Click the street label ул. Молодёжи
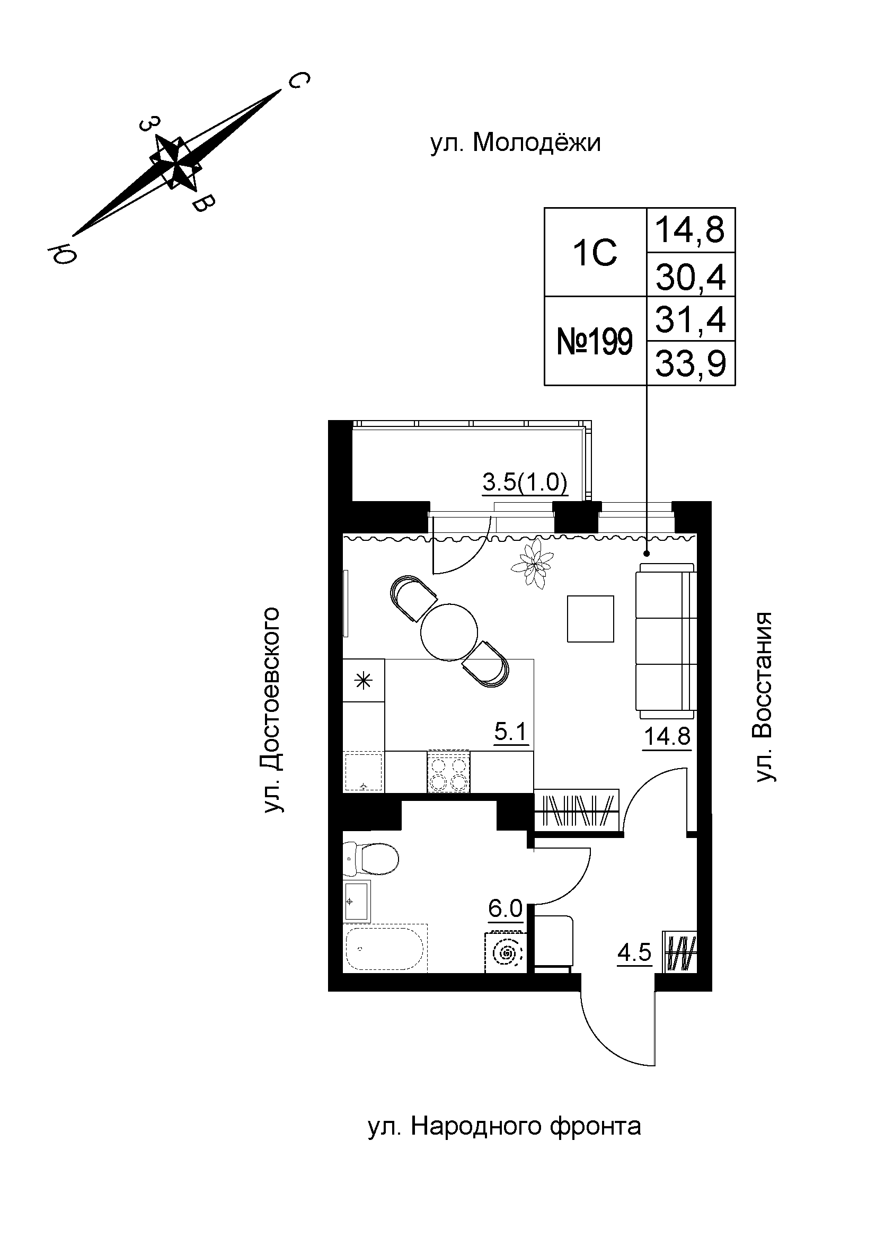click(x=515, y=144)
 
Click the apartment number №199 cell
click(x=594, y=341)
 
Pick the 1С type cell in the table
click(x=595, y=253)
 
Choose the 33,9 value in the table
click(x=691, y=364)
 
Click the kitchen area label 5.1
click(x=510, y=732)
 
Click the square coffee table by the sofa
click(x=590, y=618)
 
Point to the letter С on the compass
click(x=298, y=81)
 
